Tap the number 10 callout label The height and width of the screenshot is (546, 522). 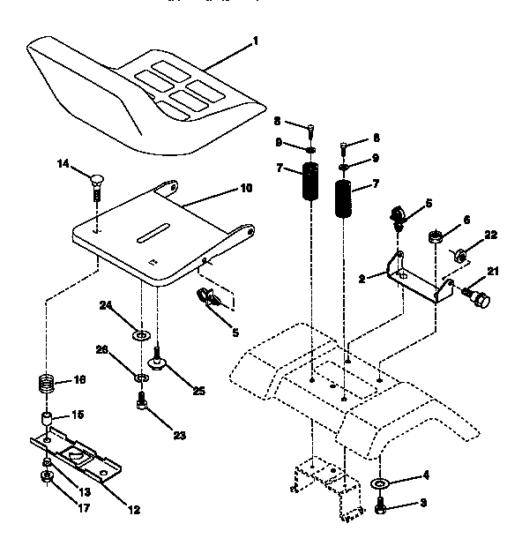click(246, 187)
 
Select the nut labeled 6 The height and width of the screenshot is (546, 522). click(434, 236)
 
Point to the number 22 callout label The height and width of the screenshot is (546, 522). click(489, 234)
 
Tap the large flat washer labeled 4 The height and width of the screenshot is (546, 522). click(381, 484)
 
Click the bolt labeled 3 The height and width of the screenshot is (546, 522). click(381, 507)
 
